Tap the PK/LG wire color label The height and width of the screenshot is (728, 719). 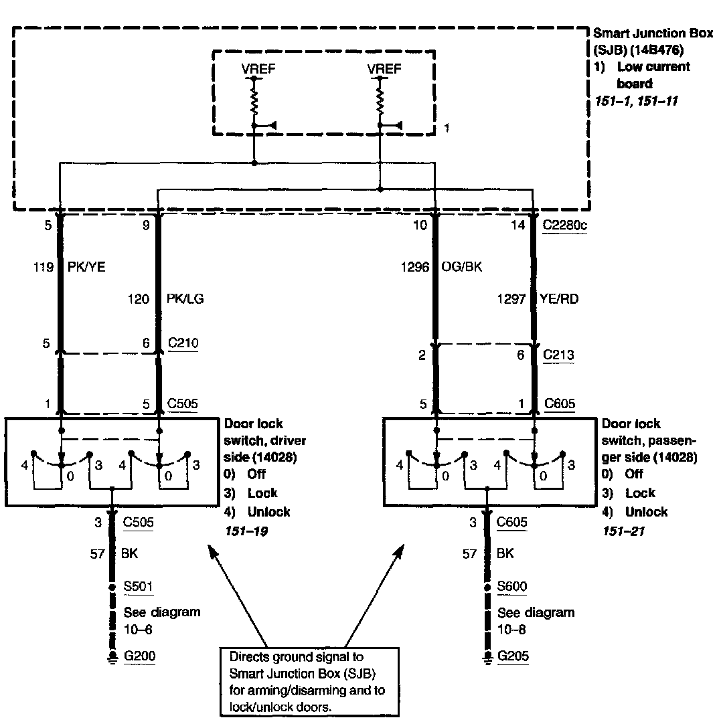(185, 299)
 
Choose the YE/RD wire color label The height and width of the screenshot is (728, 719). (558, 299)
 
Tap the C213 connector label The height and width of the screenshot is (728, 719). (559, 355)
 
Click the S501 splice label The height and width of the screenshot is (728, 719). (138, 587)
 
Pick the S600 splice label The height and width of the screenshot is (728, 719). (512, 587)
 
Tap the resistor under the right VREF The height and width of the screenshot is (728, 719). (380, 100)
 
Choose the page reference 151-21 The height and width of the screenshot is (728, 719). (623, 530)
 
